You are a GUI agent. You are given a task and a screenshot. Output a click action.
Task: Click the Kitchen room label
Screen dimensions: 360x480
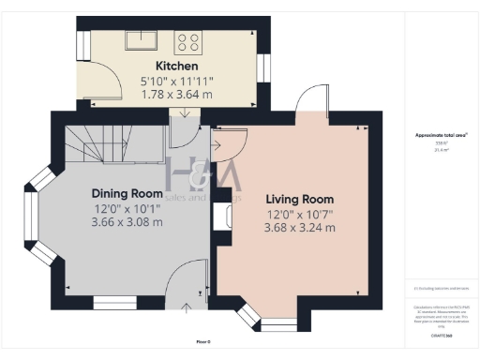[x=176, y=67]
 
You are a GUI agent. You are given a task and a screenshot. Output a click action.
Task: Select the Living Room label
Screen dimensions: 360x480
[x=299, y=200]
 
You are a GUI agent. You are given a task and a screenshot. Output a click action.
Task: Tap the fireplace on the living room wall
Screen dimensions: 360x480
[x=223, y=217]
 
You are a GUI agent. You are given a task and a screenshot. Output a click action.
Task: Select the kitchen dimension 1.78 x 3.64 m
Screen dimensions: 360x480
[x=176, y=95]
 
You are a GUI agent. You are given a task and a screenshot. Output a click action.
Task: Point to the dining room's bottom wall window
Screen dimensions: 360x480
[x=114, y=302]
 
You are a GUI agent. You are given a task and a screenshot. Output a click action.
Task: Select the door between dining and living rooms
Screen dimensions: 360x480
[x=227, y=143]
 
